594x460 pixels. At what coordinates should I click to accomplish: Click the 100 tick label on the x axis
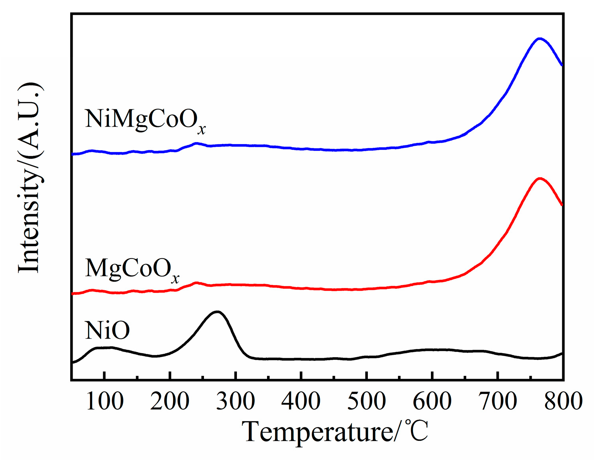tap(104, 401)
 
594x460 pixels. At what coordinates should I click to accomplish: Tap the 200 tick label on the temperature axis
tap(170, 401)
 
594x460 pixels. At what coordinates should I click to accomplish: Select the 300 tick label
tap(236, 401)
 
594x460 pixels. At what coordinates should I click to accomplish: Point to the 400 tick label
tap(301, 401)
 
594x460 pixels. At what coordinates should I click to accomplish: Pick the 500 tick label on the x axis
tap(367, 401)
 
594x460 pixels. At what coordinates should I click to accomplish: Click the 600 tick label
tap(432, 401)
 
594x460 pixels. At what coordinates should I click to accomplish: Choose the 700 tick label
tap(498, 401)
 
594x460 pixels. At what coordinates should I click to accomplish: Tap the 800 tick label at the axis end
tap(563, 401)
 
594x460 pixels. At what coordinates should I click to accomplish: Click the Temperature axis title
tap(335, 432)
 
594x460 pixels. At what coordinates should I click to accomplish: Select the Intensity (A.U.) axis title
tap(30, 178)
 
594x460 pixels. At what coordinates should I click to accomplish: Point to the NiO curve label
tap(107, 331)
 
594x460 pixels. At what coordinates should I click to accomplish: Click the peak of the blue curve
tap(539, 39)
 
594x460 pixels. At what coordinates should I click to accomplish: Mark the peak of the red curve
tap(539, 178)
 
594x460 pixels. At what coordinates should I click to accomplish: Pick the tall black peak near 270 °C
tap(217, 311)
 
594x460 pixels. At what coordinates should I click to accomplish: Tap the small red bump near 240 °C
tap(196, 283)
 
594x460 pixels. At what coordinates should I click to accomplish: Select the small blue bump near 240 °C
tap(196, 143)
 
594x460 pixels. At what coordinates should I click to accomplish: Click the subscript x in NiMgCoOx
tap(202, 130)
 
